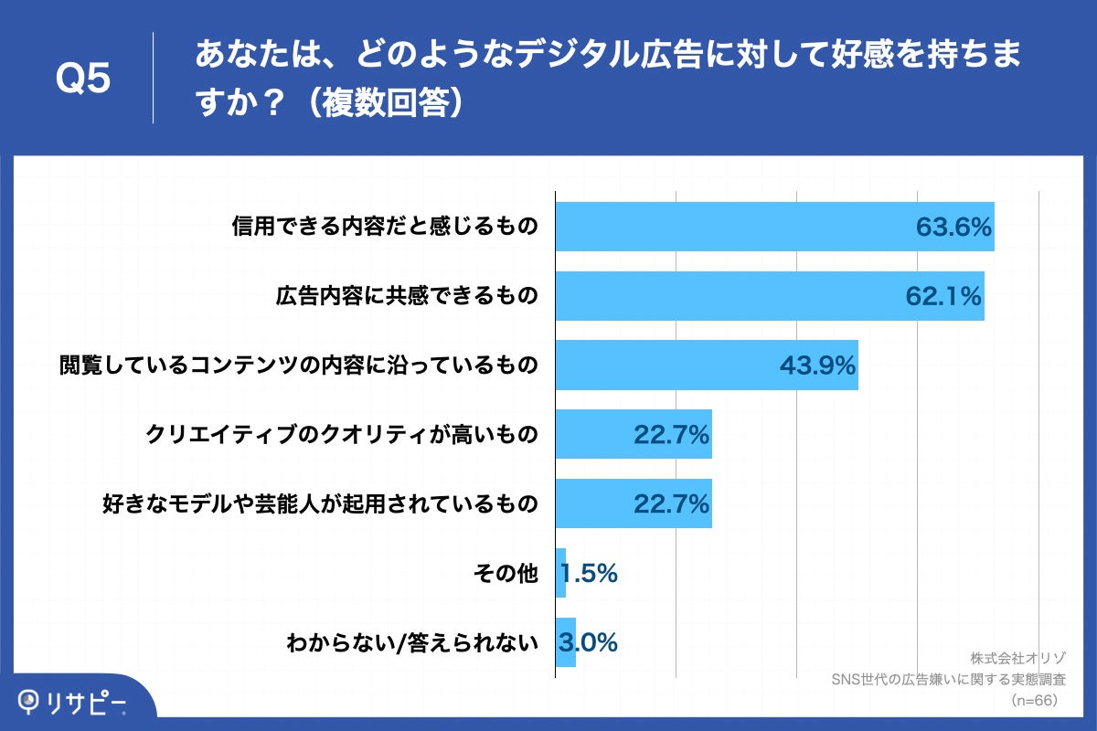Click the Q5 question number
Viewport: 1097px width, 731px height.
coord(83,79)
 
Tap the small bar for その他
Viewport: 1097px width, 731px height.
coord(560,573)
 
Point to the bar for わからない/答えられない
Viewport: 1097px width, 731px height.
coord(565,642)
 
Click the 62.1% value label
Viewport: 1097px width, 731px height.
coord(943,296)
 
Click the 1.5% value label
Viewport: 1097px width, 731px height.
coord(590,573)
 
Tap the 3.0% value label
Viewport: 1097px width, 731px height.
coord(590,642)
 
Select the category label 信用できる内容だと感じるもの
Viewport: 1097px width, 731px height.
coord(384,227)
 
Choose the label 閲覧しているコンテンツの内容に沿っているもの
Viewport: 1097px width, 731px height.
coord(298,365)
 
